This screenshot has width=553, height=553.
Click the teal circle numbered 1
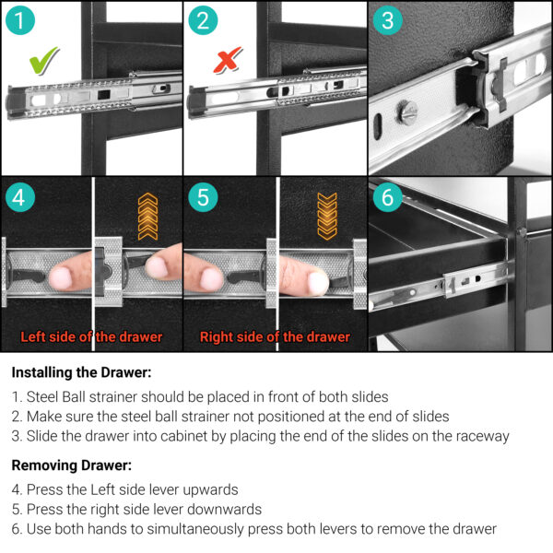click(20, 20)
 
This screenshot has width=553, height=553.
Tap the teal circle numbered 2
click(203, 20)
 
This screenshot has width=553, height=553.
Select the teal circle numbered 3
click(388, 20)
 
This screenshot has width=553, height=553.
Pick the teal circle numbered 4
click(20, 197)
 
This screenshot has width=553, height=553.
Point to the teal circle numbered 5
click(203, 197)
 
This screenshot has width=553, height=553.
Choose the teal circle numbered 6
click(388, 197)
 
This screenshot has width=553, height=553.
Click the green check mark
click(43, 61)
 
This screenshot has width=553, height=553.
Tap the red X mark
click(228, 60)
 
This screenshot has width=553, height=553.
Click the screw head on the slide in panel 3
click(407, 112)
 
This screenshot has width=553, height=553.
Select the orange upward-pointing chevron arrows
click(147, 217)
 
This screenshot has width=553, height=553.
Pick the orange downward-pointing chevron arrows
click(327, 217)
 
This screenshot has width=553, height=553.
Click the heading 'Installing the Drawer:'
click(81, 372)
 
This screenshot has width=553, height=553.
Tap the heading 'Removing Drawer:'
click(72, 465)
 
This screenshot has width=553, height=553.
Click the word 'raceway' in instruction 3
click(483, 437)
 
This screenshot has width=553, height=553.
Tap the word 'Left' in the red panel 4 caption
click(33, 336)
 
